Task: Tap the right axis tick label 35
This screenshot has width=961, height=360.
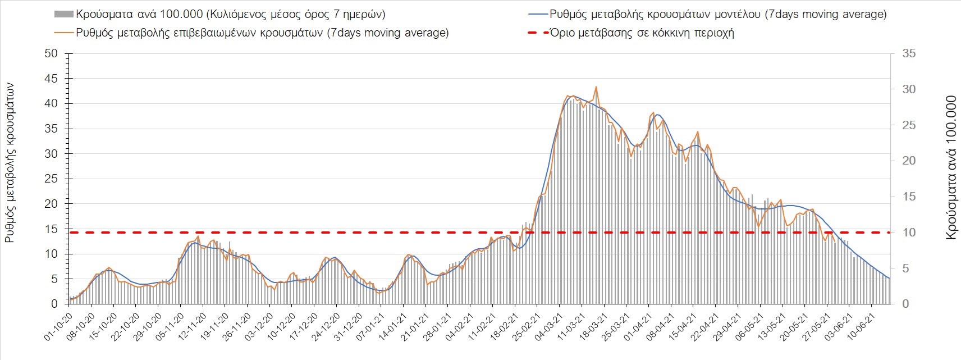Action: coord(909,54)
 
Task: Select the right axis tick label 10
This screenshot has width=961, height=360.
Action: coord(909,233)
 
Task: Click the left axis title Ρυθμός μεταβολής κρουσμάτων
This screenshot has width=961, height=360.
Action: coord(10,162)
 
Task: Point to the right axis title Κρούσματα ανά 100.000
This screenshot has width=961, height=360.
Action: coord(951,168)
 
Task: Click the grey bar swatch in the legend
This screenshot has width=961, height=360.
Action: coord(63,15)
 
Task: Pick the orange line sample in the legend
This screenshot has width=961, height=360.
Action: coord(63,33)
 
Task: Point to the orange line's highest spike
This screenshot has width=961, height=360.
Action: coord(596,87)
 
